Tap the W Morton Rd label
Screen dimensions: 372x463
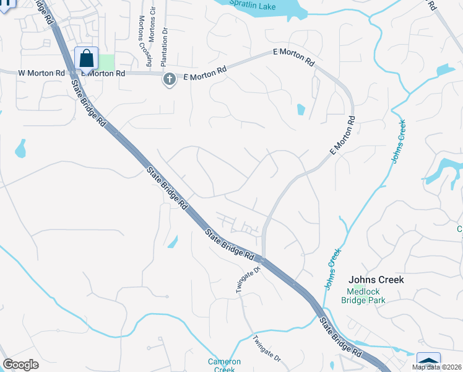click(x=41, y=73)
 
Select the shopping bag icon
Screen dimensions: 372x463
click(x=86, y=58)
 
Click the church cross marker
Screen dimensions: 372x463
click(x=168, y=79)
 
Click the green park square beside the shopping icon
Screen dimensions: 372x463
click(x=106, y=62)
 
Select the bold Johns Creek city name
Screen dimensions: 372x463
click(x=376, y=280)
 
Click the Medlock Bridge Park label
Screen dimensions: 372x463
click(x=363, y=296)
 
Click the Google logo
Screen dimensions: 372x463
click(x=20, y=365)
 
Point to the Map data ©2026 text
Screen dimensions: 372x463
click(x=436, y=367)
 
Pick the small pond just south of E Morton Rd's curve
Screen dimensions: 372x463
click(x=301, y=110)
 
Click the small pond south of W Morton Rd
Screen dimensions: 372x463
click(x=21, y=148)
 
